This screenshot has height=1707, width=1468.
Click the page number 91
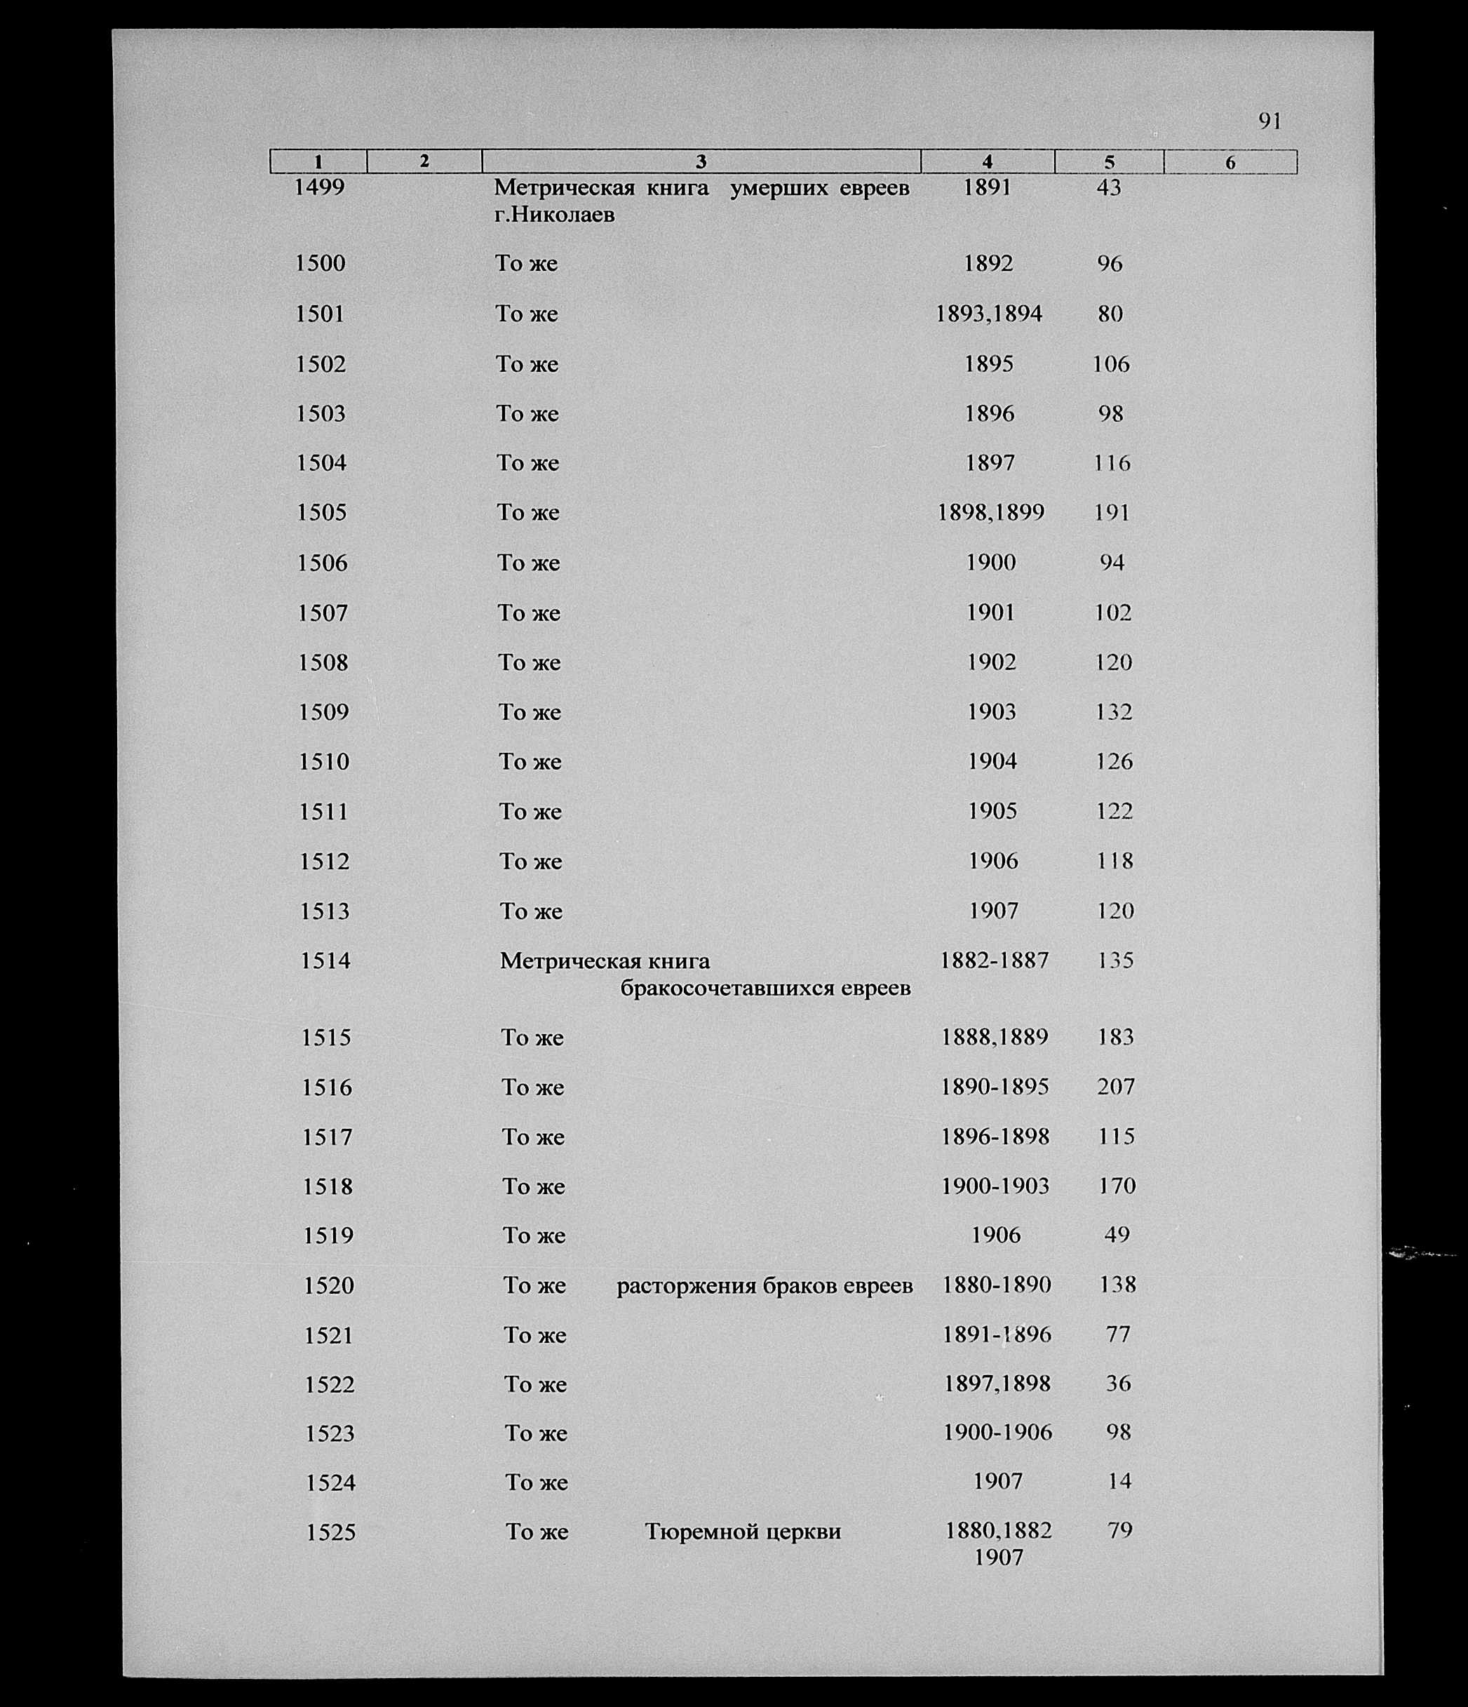(1270, 121)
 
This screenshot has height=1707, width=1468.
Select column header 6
(1230, 162)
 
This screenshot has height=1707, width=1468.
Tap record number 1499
(320, 188)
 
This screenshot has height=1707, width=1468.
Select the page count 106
(1110, 364)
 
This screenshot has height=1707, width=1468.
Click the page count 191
(1111, 512)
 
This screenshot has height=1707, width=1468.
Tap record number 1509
(324, 712)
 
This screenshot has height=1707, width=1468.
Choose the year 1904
(992, 761)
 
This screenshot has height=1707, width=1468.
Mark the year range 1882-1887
(995, 960)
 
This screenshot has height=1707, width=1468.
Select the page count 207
(1115, 1087)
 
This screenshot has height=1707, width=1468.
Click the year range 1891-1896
(997, 1334)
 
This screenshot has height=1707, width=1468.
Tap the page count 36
(1118, 1384)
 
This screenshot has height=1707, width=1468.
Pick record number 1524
(330, 1483)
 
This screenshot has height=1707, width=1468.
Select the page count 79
(1119, 1531)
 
